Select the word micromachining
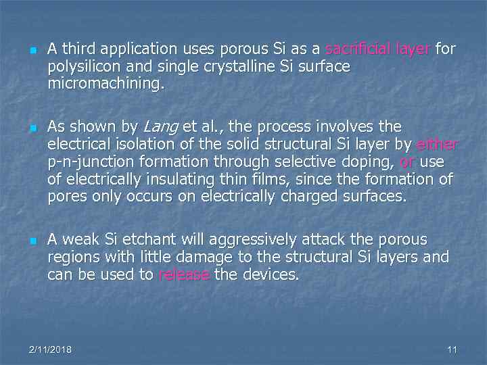(106, 84)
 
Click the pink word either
(438, 145)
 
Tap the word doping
(370, 162)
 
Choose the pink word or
(407, 162)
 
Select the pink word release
(184, 275)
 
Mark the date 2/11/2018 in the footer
(51, 349)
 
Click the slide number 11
(453, 349)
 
